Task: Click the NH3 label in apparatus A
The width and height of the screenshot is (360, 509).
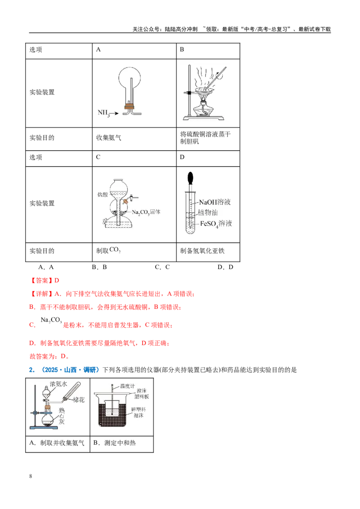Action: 103,113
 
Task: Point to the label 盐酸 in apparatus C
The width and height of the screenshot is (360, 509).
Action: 102,194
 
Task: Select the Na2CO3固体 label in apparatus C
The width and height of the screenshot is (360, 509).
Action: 146,212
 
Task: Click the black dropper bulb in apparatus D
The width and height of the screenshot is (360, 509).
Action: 190,178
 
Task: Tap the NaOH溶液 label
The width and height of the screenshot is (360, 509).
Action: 215,202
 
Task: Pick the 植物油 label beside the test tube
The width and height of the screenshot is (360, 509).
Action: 208,213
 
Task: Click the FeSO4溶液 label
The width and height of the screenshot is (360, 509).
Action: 216,223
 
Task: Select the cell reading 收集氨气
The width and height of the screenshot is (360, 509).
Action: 108,138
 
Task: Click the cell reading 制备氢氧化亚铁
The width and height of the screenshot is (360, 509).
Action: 202,250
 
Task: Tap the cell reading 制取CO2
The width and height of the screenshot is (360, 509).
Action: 108,250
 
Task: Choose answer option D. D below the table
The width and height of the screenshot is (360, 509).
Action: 225,267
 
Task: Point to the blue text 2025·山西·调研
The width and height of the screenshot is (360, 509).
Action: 70,370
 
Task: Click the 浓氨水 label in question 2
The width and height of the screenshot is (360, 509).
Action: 58,384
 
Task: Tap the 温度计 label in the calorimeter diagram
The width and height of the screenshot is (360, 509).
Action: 127,386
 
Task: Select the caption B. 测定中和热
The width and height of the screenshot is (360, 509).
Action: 114,443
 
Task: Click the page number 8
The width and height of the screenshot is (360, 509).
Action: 31,476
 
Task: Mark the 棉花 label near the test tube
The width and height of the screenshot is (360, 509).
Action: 79,400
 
